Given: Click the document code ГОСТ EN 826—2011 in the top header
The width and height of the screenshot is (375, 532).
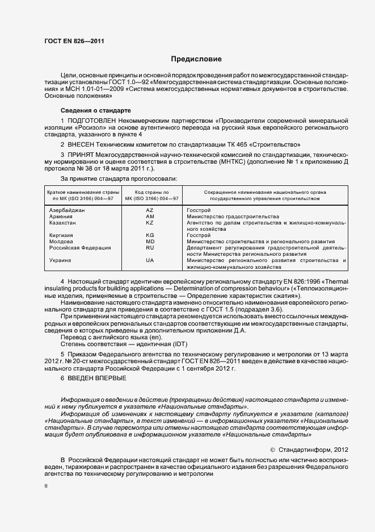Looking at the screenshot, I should pyautogui.click(x=74, y=41).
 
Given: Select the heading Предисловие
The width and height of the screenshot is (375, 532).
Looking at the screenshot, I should pyautogui.click(x=196, y=59).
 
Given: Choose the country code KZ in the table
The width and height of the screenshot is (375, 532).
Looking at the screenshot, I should pyautogui.click(x=150, y=223).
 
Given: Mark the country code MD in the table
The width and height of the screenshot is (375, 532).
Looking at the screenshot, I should pyautogui.click(x=150, y=242).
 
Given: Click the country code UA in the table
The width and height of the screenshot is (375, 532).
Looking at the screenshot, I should pyautogui.click(x=150, y=260).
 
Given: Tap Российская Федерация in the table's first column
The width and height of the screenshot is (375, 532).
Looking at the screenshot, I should pyautogui.click(x=80, y=248).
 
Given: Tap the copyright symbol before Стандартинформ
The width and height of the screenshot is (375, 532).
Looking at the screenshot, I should pyautogui.click(x=272, y=449).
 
